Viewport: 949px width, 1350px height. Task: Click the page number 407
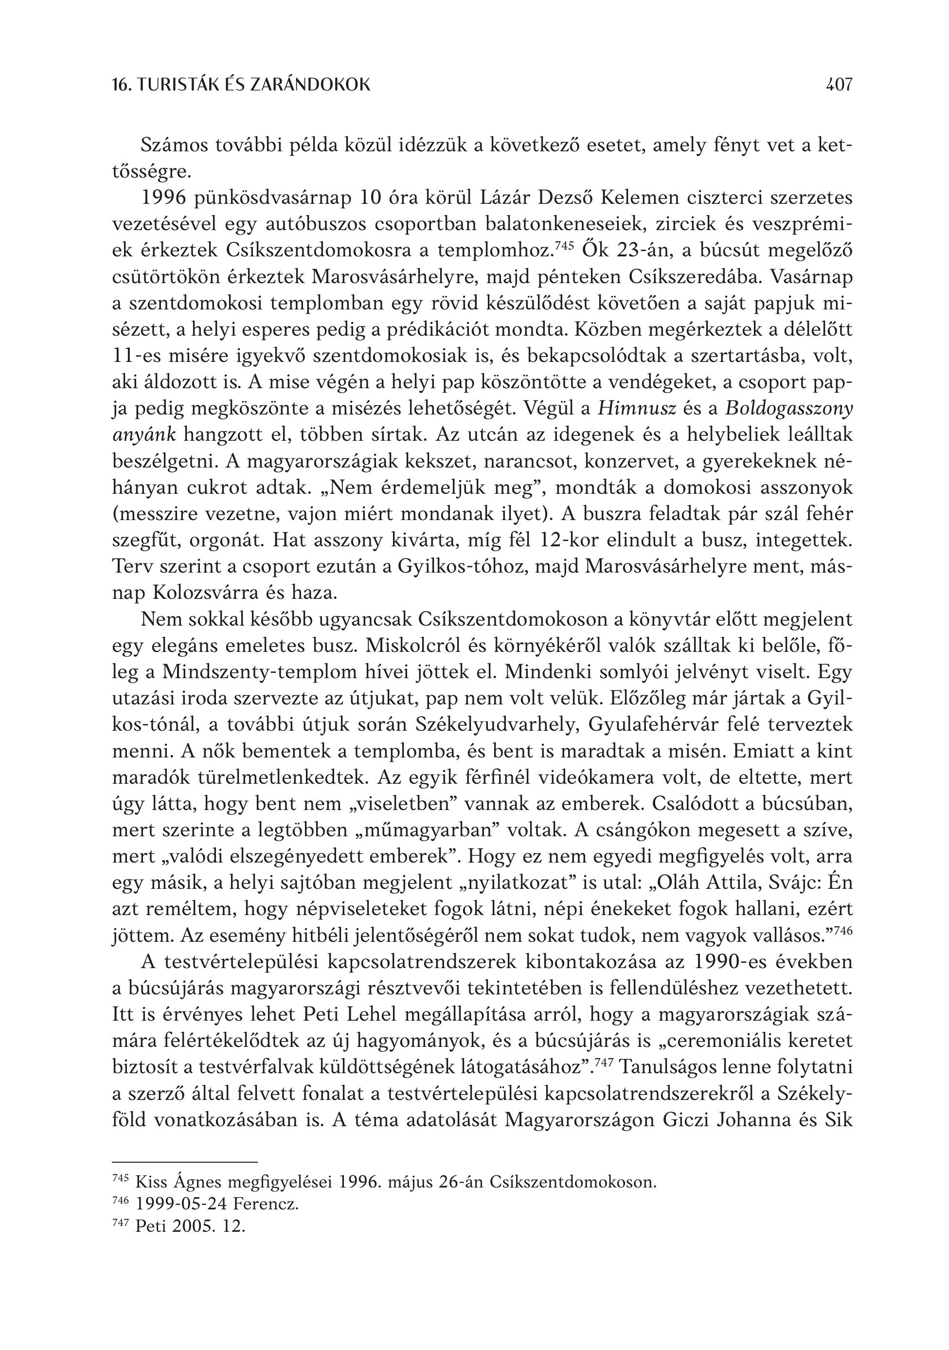coord(838,85)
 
